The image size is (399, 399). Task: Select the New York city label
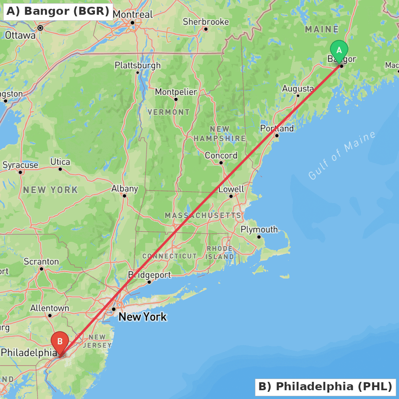pyautogui.click(x=142, y=317)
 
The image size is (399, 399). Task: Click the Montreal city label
pyautogui.click(x=133, y=15)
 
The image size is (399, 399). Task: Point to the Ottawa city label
pyautogui.click(x=20, y=35)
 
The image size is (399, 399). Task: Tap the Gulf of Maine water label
pyautogui.click(x=342, y=155)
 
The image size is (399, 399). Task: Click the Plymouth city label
pyautogui.click(x=259, y=229)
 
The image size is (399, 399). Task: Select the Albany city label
pyautogui.click(x=124, y=189)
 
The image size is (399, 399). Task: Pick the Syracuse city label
pyautogui.click(x=20, y=165)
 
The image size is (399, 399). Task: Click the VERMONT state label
pyautogui.click(x=169, y=112)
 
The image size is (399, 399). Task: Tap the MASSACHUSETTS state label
pyautogui.click(x=203, y=215)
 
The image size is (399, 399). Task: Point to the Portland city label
pyautogui.click(x=277, y=128)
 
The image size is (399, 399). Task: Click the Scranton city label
pyautogui.click(x=41, y=262)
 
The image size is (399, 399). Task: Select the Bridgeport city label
pyautogui.click(x=149, y=275)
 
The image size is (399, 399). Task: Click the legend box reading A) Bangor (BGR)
pyautogui.click(x=58, y=12)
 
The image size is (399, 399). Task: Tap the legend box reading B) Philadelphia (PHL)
pyautogui.click(x=325, y=387)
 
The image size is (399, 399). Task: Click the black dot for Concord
pyautogui.click(x=221, y=162)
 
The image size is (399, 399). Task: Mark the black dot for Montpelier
pyautogui.click(x=176, y=99)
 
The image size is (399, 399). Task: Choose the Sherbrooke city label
pyautogui.click(x=206, y=22)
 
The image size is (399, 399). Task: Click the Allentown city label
pyautogui.click(x=50, y=308)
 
